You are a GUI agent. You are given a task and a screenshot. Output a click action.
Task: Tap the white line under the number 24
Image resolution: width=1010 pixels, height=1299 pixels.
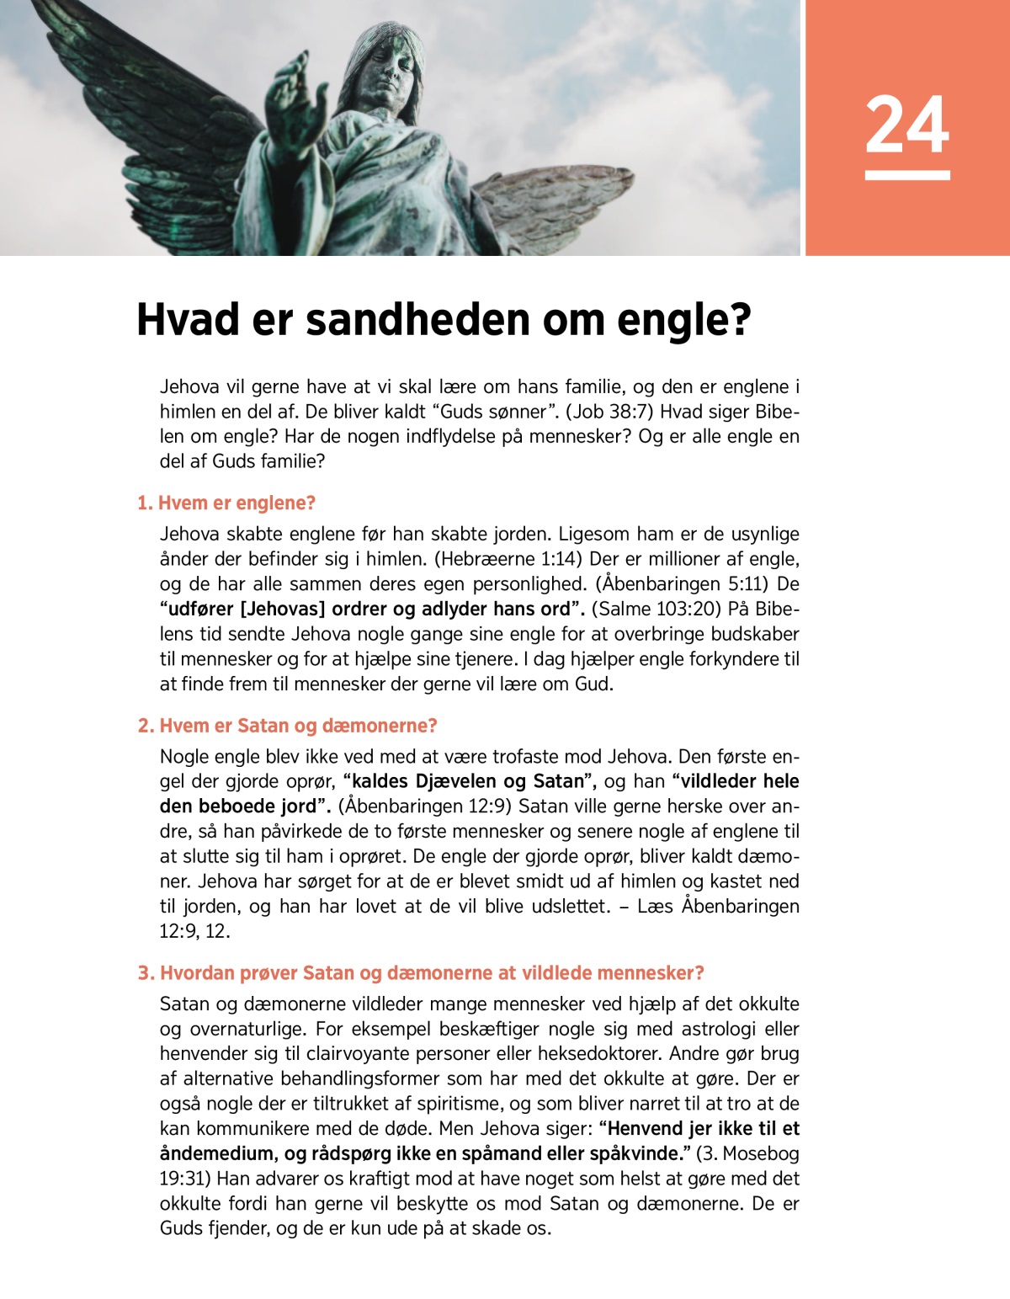point(907,175)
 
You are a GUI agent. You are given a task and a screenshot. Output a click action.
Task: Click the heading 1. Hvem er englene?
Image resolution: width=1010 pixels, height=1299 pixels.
point(226,503)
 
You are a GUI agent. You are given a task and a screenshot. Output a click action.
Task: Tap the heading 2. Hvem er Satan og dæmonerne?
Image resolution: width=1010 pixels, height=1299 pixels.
point(287,726)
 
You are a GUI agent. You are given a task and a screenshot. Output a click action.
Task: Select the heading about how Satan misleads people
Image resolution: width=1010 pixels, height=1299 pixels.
point(421,973)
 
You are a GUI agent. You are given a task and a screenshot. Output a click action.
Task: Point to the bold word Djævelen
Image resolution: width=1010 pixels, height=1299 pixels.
point(465,781)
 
